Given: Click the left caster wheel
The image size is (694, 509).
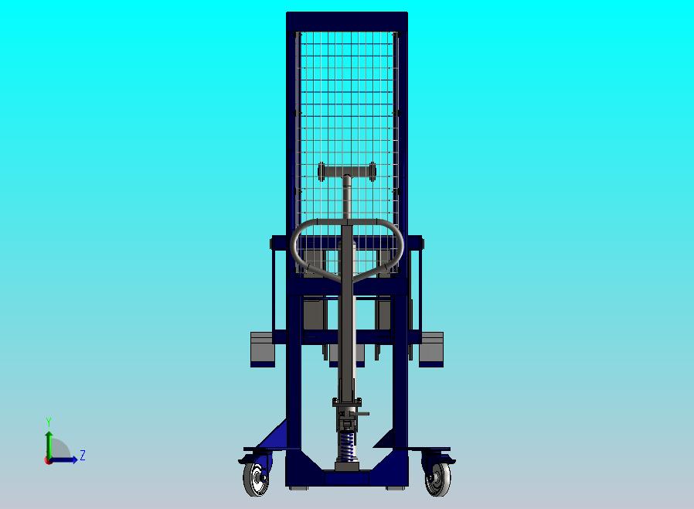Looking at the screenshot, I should coord(256,480).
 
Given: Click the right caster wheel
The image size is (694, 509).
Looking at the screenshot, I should coord(437,480).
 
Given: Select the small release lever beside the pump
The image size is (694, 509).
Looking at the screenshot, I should coord(362,414).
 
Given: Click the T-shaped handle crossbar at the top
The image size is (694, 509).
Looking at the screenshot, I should coord(347,170).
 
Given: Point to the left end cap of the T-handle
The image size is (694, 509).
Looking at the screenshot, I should coord(321,171).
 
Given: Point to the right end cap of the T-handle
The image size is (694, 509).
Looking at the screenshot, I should coord(373,170).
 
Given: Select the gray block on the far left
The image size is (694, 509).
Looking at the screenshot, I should coord(263,349).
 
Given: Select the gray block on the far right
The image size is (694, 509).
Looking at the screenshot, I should coord(431,349).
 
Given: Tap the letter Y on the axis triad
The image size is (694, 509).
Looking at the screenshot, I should coord(49,422).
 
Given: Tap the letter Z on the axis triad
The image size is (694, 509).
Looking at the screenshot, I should coord(83,456).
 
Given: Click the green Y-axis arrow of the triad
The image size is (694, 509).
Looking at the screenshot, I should coord(48,442).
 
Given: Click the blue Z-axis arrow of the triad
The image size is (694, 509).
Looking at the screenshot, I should coord(66,459).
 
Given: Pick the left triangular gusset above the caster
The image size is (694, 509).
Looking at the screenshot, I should coord(275,437).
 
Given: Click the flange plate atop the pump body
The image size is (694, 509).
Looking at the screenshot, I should coord(347,402).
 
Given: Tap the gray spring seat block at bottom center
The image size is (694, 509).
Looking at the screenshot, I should coord(347,466).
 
